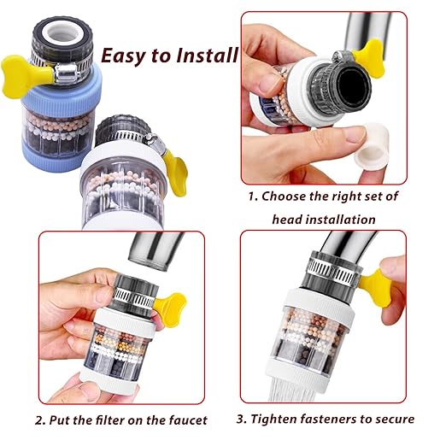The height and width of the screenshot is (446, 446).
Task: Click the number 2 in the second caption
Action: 39,420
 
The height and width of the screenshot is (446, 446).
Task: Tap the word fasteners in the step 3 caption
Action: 337,420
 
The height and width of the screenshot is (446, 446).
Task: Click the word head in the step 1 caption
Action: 288,219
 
